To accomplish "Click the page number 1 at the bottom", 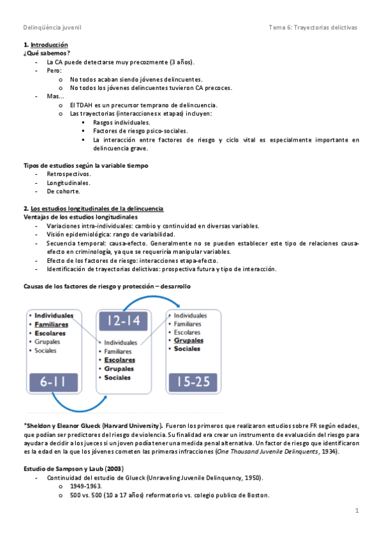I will click(358, 510).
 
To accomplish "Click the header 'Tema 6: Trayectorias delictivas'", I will click(313, 27).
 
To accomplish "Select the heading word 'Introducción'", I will click(49, 45).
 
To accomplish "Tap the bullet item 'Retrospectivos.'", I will click(69, 174).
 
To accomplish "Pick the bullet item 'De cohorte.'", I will click(63, 191).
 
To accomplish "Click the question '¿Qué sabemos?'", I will click(47, 54).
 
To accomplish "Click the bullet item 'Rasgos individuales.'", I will click(122, 122).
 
